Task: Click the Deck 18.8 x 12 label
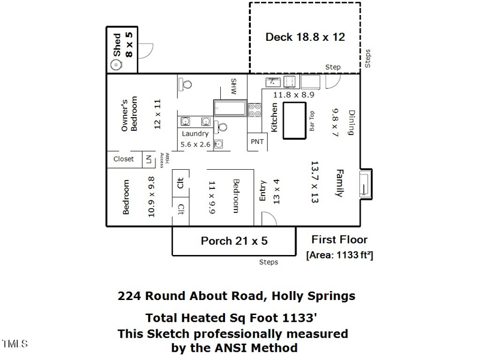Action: (305, 37)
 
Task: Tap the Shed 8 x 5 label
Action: (122, 46)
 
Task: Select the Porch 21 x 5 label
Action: (233, 241)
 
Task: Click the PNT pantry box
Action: (257, 142)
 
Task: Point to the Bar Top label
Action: (312, 121)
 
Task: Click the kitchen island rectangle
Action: (293, 120)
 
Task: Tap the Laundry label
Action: (195, 134)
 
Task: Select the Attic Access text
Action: (164, 159)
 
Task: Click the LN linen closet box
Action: (148, 159)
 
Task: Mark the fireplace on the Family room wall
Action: (365, 183)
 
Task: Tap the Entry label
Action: (262, 191)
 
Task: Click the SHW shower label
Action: (235, 87)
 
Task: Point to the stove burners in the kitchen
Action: (255, 110)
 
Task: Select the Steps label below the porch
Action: (268, 262)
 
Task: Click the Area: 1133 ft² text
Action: (340, 254)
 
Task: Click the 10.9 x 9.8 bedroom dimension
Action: (151, 196)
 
